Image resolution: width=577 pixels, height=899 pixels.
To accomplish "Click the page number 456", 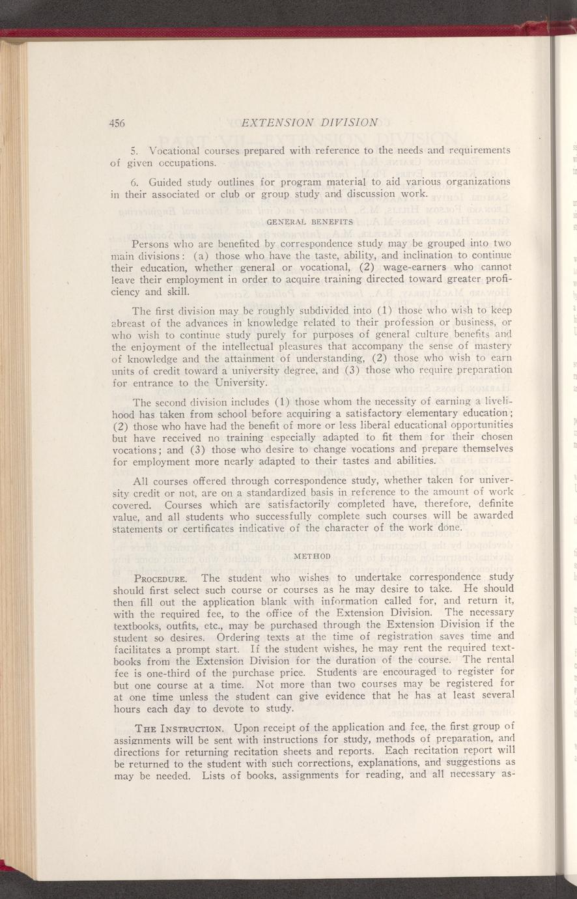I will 117,122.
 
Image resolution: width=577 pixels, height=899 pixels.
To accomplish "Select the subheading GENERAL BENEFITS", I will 310,222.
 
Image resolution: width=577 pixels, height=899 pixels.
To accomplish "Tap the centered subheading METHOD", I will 313,556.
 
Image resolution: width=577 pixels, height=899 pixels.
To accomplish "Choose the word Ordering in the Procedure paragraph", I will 216,636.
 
